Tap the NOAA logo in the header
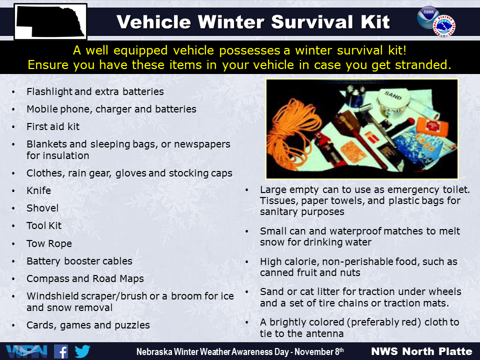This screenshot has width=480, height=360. coord(427,17)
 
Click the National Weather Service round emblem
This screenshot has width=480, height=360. coord(444,25)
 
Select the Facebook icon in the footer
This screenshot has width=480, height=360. coord(61,351)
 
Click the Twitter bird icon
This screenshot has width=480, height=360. coord(82,351)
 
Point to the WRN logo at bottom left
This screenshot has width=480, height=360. coord(26,351)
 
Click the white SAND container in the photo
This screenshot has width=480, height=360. coord(393,101)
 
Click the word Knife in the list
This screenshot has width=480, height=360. coord(38,190)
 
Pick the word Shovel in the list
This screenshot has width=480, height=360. coord(42,208)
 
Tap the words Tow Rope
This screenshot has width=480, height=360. coord(49,243)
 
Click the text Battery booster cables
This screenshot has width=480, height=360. coord(79,261)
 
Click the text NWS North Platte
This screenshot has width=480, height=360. coord(421,351)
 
